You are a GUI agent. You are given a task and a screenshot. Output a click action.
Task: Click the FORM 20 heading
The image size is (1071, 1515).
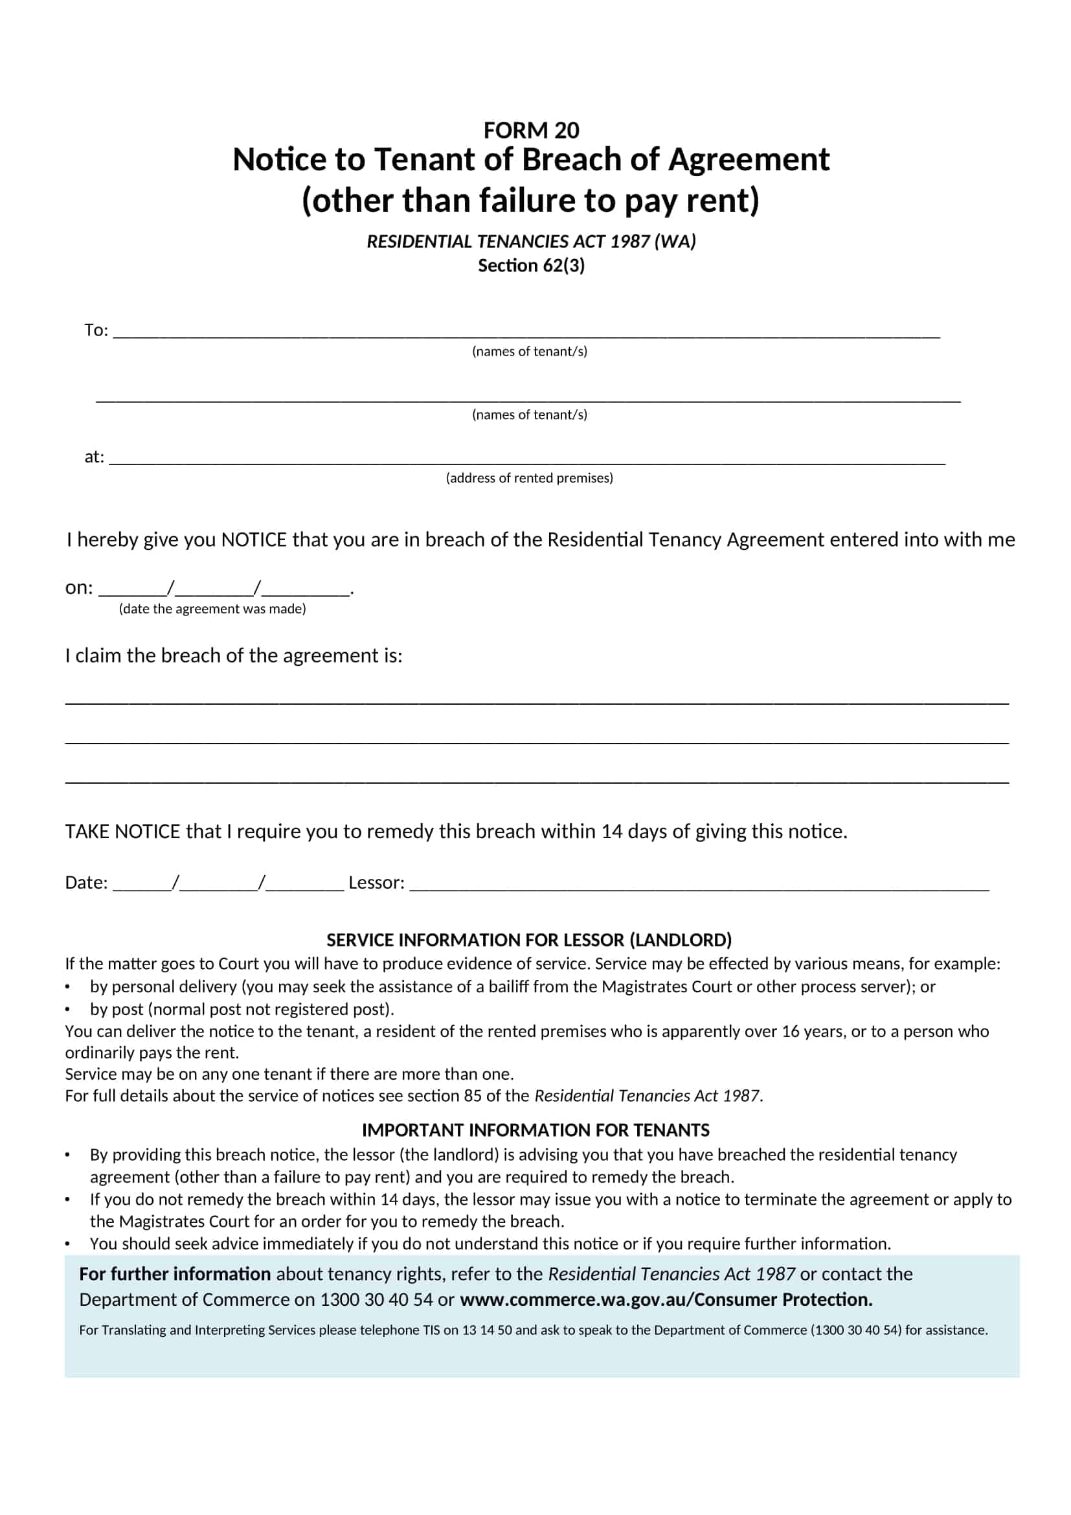pos(531,131)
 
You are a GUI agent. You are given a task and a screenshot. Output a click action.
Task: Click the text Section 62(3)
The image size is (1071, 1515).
pos(531,266)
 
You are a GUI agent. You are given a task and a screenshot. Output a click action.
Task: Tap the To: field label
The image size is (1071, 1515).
pos(96,330)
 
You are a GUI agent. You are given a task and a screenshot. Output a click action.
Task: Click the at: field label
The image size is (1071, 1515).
pos(94,457)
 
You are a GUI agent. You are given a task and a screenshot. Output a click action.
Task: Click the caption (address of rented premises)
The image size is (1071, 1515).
pos(529,478)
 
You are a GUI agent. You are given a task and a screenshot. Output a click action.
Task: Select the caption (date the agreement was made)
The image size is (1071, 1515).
pos(212,608)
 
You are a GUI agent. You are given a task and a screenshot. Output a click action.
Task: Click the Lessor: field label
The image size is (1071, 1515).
pos(376,882)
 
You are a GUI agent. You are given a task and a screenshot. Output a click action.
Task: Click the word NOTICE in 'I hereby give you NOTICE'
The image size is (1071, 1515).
pos(254,540)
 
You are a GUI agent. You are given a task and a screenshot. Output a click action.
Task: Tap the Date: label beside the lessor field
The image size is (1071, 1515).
pos(85,882)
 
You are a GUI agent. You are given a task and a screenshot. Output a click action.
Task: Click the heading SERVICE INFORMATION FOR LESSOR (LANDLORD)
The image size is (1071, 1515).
pos(529,940)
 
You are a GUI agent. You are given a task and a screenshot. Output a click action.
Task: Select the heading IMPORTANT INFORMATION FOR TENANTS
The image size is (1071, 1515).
pos(535,1130)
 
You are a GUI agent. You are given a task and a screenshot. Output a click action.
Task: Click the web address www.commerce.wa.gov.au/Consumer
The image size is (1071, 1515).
pos(617,1299)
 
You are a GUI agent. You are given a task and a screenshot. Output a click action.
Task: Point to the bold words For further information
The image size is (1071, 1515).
pos(175,1273)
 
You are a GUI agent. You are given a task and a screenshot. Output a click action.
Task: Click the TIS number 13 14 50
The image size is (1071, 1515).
pos(487,1330)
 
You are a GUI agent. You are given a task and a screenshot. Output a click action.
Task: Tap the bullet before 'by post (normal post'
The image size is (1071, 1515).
pos(67,1010)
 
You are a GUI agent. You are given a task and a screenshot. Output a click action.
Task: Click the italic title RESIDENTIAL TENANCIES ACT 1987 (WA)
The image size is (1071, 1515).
pos(531,242)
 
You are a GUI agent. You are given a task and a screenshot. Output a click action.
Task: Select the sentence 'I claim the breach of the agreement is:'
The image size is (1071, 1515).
pos(234,655)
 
